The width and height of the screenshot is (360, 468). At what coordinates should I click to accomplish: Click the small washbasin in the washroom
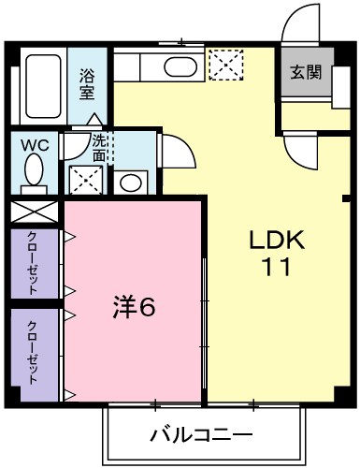tap(131, 182)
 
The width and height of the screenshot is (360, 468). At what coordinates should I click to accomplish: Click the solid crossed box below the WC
tap(36, 212)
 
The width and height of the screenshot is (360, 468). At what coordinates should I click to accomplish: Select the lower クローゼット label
tap(33, 352)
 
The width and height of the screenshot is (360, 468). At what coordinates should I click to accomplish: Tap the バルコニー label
tap(200, 435)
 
